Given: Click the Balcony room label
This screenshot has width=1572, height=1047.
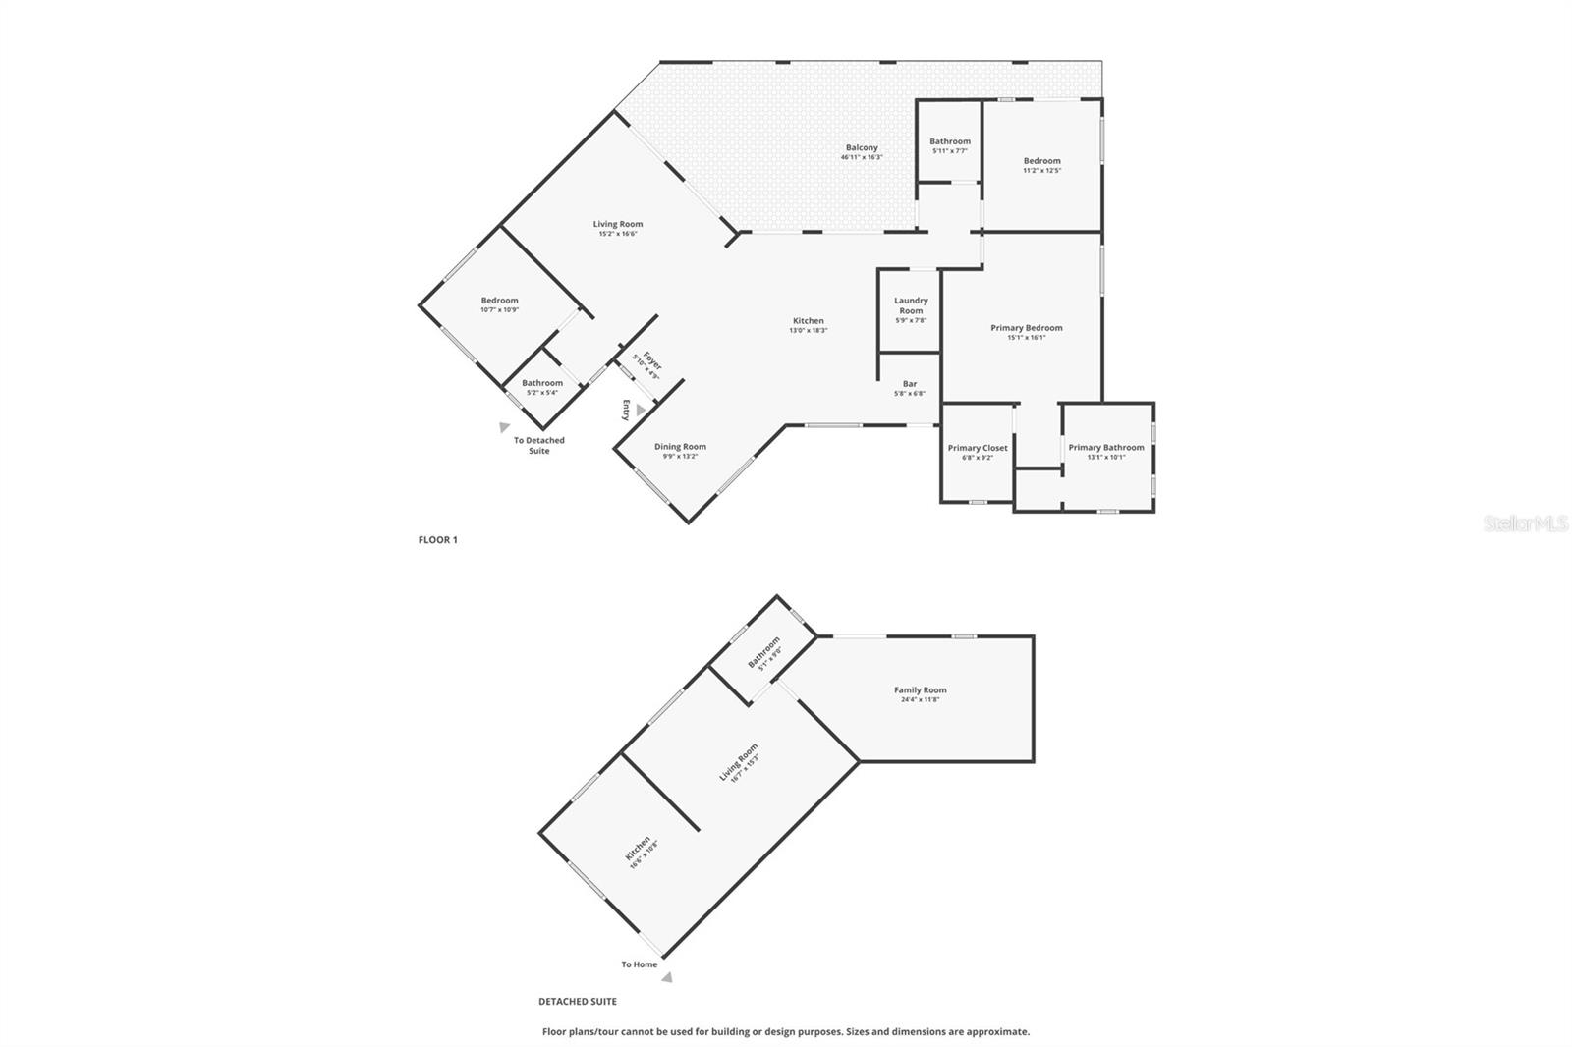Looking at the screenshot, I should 862,147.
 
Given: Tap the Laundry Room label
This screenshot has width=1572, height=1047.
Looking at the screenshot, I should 911,305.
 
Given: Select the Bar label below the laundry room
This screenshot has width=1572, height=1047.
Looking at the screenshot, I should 910,383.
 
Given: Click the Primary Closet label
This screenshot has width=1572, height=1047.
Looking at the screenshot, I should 978,448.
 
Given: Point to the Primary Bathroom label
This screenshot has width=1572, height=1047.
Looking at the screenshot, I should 1106,448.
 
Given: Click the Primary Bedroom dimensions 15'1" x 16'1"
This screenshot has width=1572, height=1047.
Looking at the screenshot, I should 1027,338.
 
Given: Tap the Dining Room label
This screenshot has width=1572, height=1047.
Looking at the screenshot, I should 680,447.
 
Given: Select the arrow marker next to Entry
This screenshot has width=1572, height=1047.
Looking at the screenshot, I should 641,410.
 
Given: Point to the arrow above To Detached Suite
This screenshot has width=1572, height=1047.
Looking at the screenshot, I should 504,427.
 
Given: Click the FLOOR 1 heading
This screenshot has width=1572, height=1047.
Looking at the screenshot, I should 438,540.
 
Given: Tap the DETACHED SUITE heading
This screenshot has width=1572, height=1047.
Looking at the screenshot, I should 578,1002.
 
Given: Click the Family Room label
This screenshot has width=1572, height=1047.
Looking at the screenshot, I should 921,690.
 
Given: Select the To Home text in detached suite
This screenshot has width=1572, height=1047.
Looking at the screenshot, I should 639,964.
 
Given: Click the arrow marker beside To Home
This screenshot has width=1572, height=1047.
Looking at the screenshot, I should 667,977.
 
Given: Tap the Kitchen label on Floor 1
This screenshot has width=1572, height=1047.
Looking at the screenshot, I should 809,321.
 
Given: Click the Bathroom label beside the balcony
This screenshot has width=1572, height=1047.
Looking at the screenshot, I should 950,141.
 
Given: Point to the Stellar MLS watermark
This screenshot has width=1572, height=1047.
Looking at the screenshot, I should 1525,524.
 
